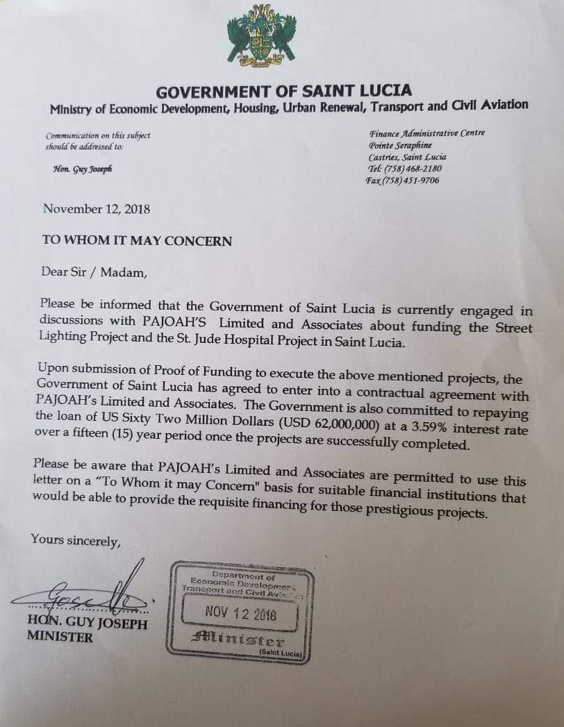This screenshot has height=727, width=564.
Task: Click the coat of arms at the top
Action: (262, 35)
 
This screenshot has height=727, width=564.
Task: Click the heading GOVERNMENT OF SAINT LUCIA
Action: (283, 90)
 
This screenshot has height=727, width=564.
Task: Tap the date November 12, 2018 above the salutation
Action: (97, 209)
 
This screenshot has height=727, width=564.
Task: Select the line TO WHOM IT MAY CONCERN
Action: (137, 240)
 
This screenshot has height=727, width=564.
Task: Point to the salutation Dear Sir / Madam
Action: (94, 271)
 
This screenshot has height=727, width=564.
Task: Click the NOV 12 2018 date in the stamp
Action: (241, 615)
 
